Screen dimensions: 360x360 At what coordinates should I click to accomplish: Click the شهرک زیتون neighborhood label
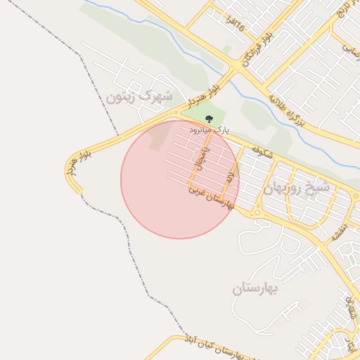pyautogui.click(x=139, y=96)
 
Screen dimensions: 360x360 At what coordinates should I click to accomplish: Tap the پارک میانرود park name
pyautogui.click(x=209, y=130)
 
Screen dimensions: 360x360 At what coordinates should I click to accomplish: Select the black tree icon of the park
pyautogui.click(x=209, y=119)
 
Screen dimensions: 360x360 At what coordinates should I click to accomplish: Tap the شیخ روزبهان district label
pyautogui.click(x=297, y=188)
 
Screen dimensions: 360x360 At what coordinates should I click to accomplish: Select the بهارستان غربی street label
pyautogui.click(x=210, y=197)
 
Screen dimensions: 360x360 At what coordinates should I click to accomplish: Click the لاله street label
pyautogui.click(x=230, y=176)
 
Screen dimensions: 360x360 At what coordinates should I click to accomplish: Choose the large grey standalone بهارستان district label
pyautogui.click(x=255, y=288)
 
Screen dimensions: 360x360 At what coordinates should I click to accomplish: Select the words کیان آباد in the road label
pyautogui.click(x=197, y=342)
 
